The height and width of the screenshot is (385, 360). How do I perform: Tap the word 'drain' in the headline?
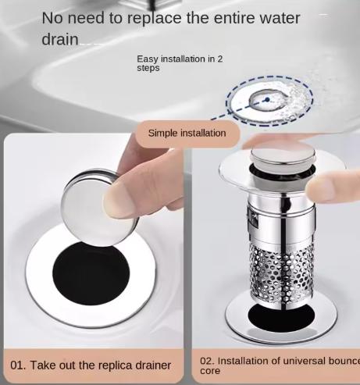click(60, 39)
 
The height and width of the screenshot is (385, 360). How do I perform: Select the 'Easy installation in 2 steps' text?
click(180, 63)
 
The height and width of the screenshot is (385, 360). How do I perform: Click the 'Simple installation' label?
click(187, 133)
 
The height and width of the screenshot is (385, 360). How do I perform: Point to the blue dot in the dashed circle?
click(267, 99)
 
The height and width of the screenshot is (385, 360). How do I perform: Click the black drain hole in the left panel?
click(91, 273)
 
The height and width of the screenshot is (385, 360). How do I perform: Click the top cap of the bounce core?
click(283, 154)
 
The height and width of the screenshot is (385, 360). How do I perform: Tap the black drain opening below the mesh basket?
click(281, 318)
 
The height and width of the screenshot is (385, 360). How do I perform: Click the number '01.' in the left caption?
click(18, 365)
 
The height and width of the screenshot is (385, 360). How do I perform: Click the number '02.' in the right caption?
click(208, 361)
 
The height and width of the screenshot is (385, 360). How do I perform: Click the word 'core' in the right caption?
click(210, 371)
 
